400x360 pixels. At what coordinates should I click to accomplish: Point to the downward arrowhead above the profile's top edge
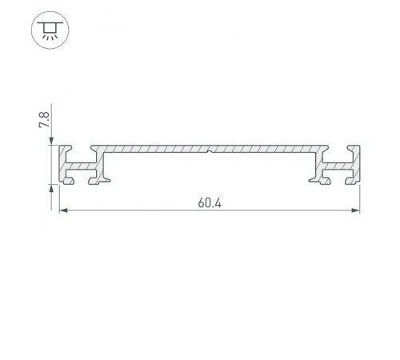pos(55,143)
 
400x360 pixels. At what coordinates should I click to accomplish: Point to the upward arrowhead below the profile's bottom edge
pos(55,189)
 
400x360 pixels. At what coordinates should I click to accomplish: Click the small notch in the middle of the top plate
pos(208,150)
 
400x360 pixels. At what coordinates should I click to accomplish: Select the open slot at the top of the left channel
pos(82,148)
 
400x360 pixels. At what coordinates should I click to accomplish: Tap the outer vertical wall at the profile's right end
pos(355,163)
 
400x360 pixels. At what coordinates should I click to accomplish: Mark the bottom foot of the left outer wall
pos(69,181)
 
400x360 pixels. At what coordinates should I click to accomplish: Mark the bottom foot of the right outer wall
pos(349,181)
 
